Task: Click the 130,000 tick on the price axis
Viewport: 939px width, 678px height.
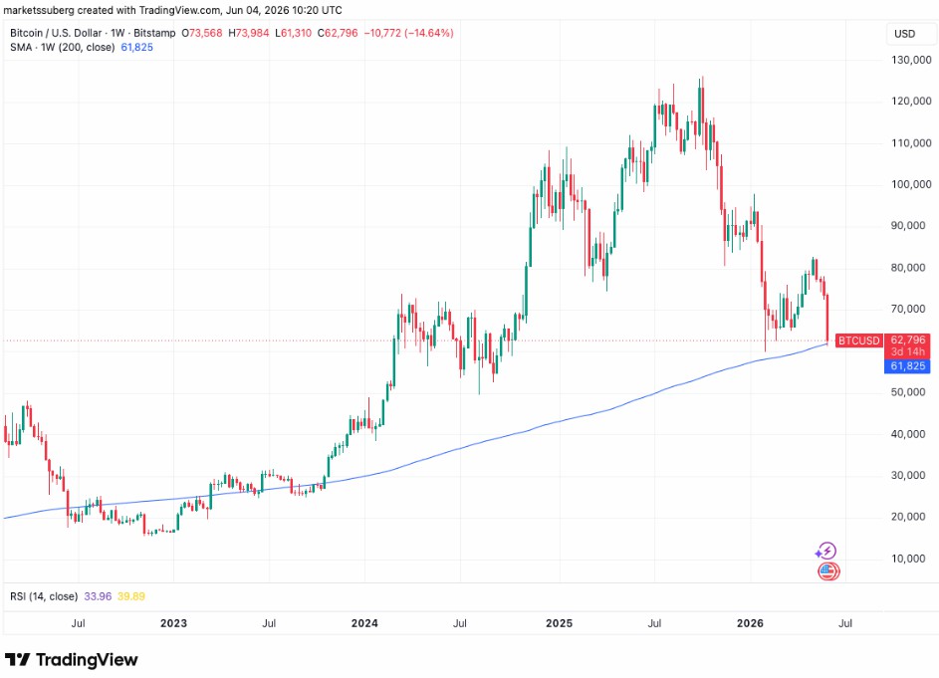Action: pos(911,60)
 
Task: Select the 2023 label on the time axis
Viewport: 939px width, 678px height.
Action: pos(173,623)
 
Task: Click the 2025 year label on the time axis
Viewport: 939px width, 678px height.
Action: pos(559,623)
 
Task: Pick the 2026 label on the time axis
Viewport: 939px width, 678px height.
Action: pos(751,623)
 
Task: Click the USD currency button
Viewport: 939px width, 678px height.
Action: pos(904,34)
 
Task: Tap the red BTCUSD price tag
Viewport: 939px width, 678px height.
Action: pos(858,340)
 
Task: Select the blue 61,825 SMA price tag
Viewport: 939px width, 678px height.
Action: pos(907,366)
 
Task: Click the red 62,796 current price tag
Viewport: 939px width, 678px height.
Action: pos(908,340)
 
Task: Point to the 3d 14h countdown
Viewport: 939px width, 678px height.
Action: pos(908,352)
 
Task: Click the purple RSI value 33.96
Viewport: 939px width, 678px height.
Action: pos(98,596)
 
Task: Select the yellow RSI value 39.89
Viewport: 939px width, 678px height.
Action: pos(131,596)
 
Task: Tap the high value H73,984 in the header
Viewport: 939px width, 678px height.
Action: pos(249,33)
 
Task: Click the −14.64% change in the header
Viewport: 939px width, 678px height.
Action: pos(429,33)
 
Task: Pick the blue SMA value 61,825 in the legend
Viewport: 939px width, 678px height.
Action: pos(137,48)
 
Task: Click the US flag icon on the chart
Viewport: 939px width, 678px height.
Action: pos(828,571)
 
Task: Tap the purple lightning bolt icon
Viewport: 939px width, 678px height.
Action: pos(826,551)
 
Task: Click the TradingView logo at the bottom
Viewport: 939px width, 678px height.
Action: pos(72,660)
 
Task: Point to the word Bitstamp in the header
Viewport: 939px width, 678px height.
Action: pos(154,33)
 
